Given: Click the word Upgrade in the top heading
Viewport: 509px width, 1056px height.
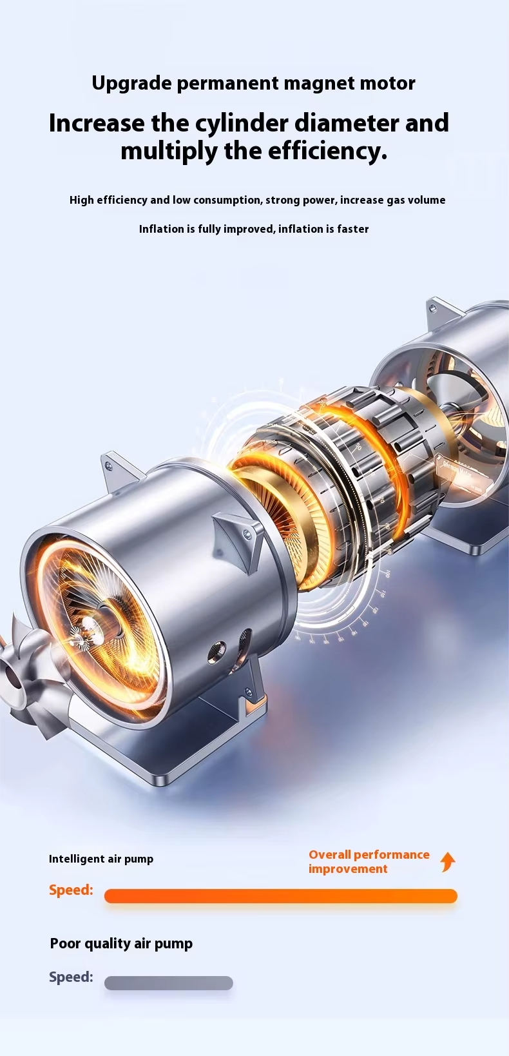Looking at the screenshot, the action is [131, 84].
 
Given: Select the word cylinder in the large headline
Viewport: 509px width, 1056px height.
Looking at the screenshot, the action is [242, 124].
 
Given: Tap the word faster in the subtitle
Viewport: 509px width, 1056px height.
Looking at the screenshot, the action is [353, 229].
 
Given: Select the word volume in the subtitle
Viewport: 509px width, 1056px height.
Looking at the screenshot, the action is [427, 200].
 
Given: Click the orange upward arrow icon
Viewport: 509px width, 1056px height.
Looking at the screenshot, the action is [448, 862].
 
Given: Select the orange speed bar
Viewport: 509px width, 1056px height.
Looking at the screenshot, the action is [281, 895].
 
